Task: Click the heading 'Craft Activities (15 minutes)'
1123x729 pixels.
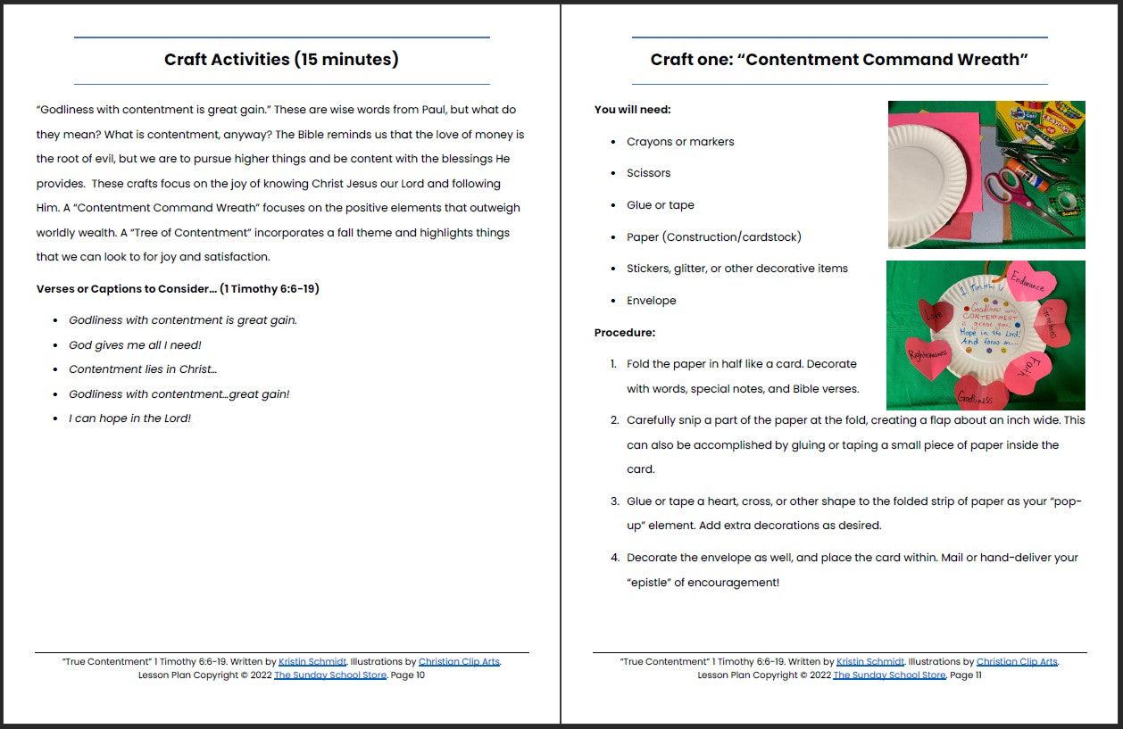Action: coord(281,60)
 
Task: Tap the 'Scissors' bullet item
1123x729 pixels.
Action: coord(648,173)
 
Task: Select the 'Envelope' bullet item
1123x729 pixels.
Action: coord(651,301)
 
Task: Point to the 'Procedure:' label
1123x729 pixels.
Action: coord(625,333)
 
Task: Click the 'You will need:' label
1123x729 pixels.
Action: coord(632,110)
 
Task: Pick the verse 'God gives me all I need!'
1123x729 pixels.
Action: coord(135,345)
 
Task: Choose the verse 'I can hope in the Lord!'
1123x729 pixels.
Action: coord(129,418)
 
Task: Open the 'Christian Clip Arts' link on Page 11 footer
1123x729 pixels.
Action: coord(1017,662)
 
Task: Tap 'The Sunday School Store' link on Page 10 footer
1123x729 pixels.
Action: coord(330,675)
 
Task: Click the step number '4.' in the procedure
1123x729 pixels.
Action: coord(615,558)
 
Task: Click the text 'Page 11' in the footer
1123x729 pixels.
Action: coord(965,675)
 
